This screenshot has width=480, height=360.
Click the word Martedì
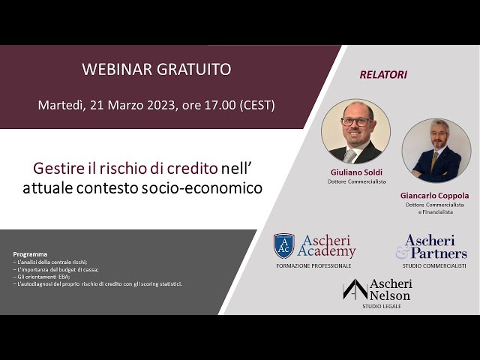click(x=61, y=105)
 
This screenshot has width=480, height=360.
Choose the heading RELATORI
click(x=383, y=74)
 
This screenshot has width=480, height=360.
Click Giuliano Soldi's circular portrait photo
click(x=355, y=131)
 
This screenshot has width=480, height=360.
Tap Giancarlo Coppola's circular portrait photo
click(x=436, y=150)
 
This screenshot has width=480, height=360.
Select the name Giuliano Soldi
click(x=355, y=172)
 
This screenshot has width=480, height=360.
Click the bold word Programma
click(x=30, y=254)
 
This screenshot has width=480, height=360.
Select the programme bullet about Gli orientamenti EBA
click(x=44, y=276)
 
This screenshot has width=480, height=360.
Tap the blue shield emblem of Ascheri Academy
click(x=283, y=245)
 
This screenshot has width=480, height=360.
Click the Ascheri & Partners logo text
click(x=436, y=246)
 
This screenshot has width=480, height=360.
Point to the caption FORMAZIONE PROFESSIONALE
click(x=313, y=265)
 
